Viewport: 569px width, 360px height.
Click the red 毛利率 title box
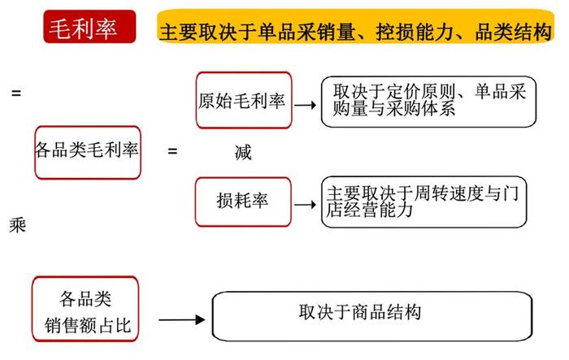pos(89,27)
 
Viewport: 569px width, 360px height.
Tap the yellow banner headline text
pos(356,32)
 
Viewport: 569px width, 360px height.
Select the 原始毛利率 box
pos(244,100)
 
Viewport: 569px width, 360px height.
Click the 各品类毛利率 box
pos(88,153)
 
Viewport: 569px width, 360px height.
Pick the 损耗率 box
pos(243,202)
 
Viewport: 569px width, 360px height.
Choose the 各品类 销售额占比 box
pos(85,309)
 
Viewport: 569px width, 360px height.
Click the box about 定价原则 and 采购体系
pos(428,102)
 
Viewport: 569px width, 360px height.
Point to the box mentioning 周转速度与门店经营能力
pos(423,202)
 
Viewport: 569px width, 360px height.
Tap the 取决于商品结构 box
pos(372,316)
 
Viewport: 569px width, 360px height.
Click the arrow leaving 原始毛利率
pos(305,106)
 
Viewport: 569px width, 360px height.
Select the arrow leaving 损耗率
pos(305,205)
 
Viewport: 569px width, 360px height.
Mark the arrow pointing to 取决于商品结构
pos(182,319)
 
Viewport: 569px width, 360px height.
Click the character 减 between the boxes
pos(243,153)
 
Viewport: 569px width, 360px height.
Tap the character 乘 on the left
pos(17,225)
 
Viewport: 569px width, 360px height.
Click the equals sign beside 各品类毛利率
pos(172,150)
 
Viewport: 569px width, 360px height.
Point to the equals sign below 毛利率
pos(16,93)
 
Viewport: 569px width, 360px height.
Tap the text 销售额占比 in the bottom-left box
pos(88,326)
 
